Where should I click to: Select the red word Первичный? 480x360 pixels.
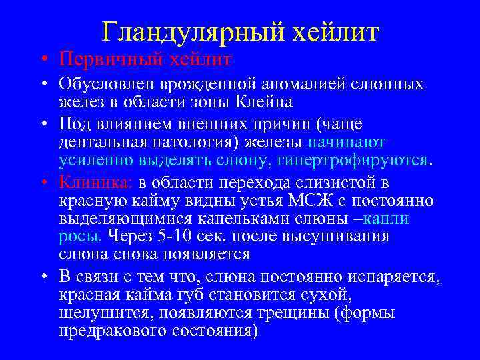pyautogui.click(x=100, y=60)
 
